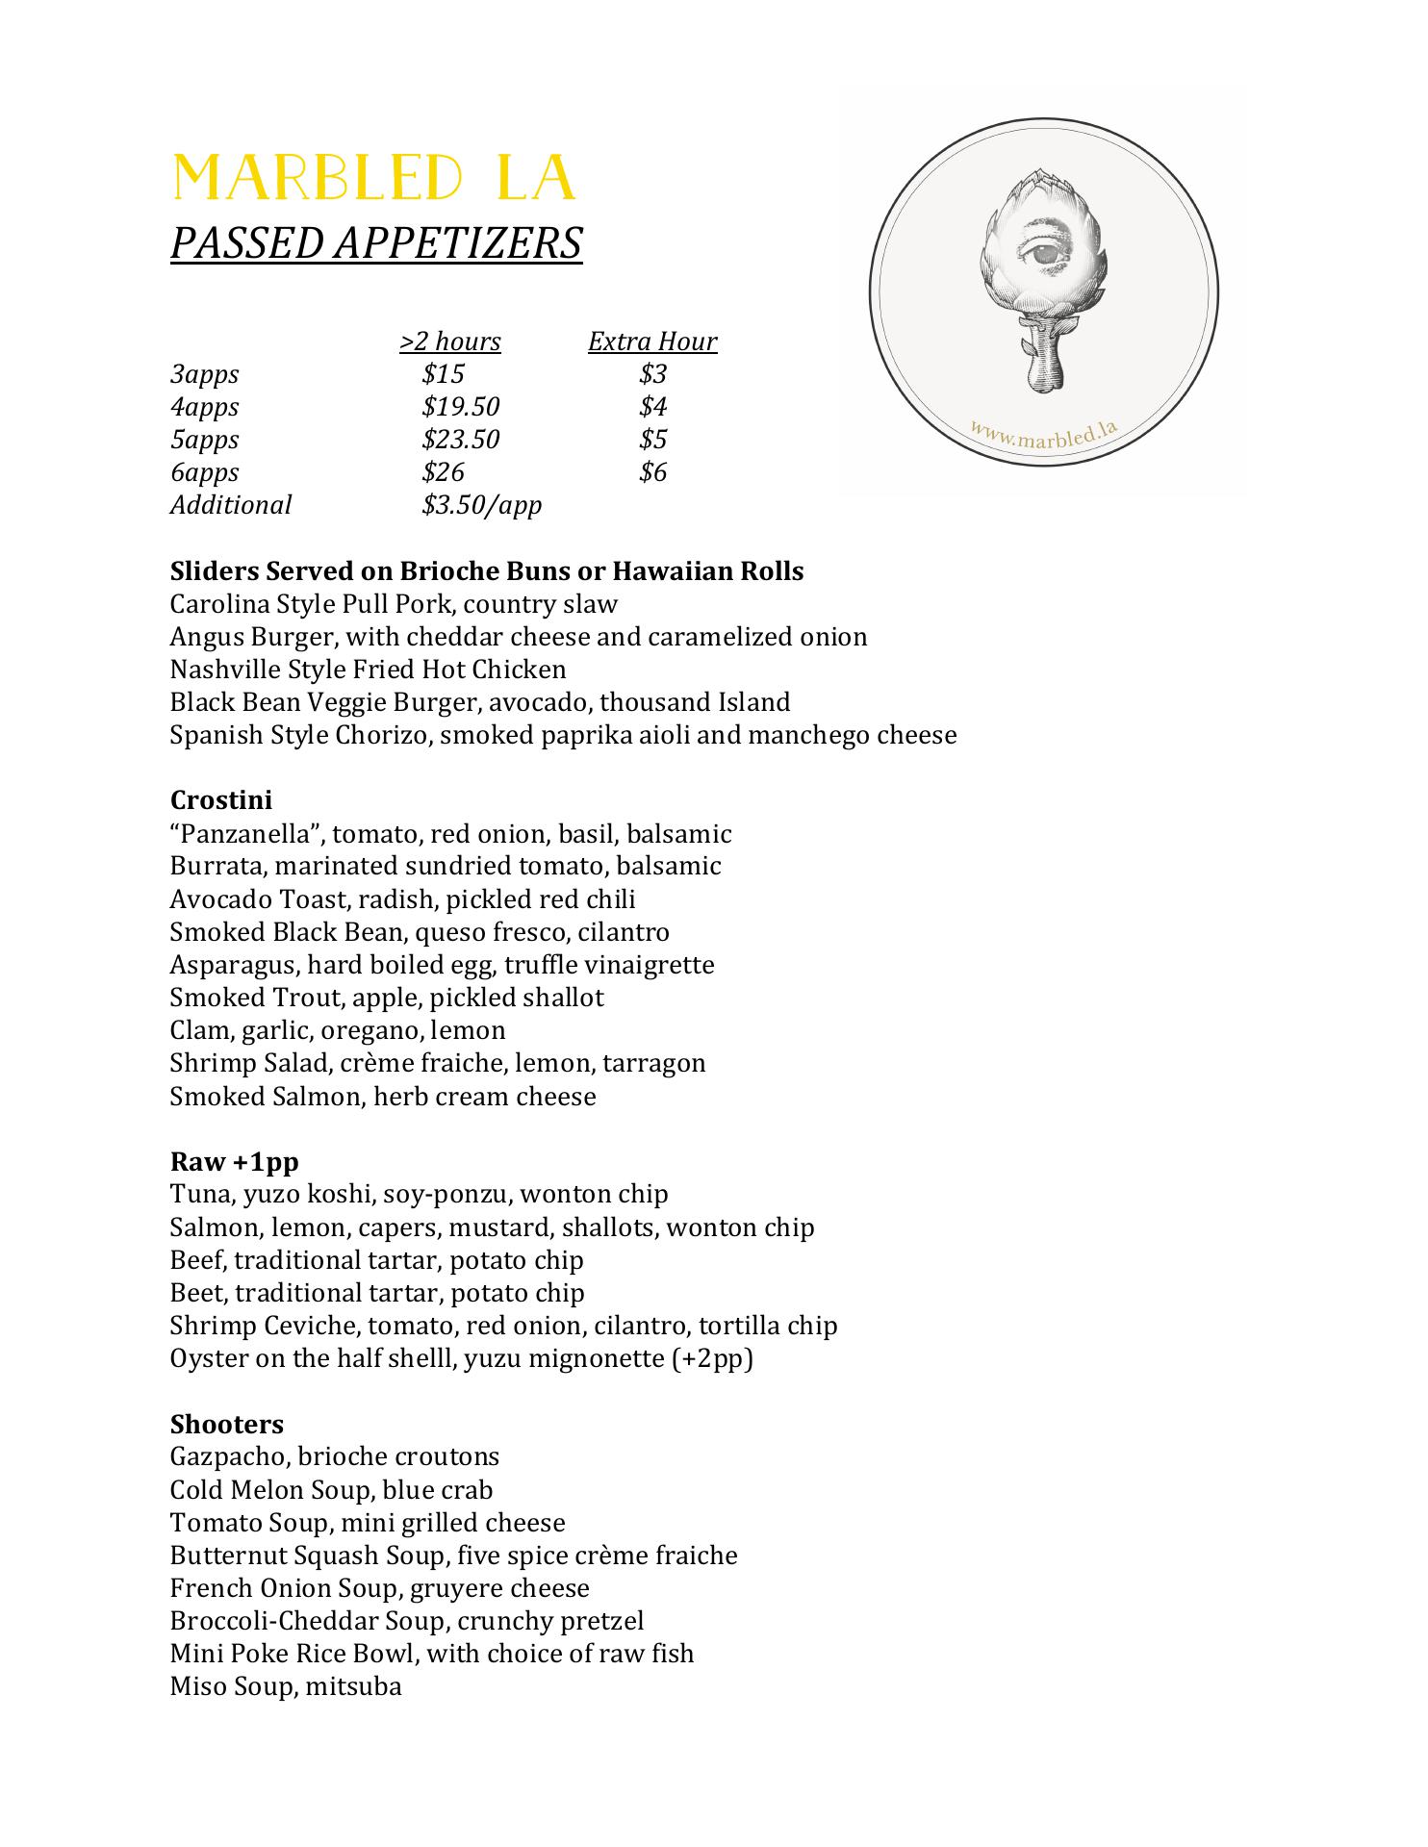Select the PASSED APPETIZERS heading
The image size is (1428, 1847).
[376, 242]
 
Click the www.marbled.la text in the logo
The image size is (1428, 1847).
[1044, 434]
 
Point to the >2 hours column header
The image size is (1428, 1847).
[450, 342]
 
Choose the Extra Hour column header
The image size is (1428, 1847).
[652, 342]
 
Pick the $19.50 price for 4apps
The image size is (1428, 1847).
[460, 407]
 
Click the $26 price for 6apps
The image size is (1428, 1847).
[443, 472]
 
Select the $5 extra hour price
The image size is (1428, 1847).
[652, 440]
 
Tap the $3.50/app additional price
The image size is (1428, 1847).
[481, 505]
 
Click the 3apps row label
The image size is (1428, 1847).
[204, 374]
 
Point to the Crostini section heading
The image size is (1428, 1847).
[221, 800]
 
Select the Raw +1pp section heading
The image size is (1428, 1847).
[234, 1162]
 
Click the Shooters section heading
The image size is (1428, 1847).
[227, 1425]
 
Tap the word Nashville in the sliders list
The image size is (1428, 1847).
[223, 670]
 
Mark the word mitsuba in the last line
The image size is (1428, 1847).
[353, 1686]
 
